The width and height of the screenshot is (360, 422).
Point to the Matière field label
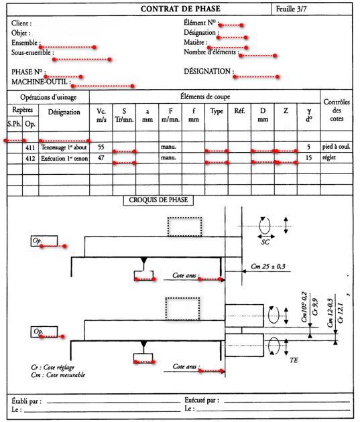[x=195, y=43]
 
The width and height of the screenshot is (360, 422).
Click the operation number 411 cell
[x=30, y=147]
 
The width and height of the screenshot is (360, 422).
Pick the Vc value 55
[x=102, y=147]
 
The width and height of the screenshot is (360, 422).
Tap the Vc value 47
[x=102, y=157]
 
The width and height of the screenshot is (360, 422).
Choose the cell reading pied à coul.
[x=336, y=147]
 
